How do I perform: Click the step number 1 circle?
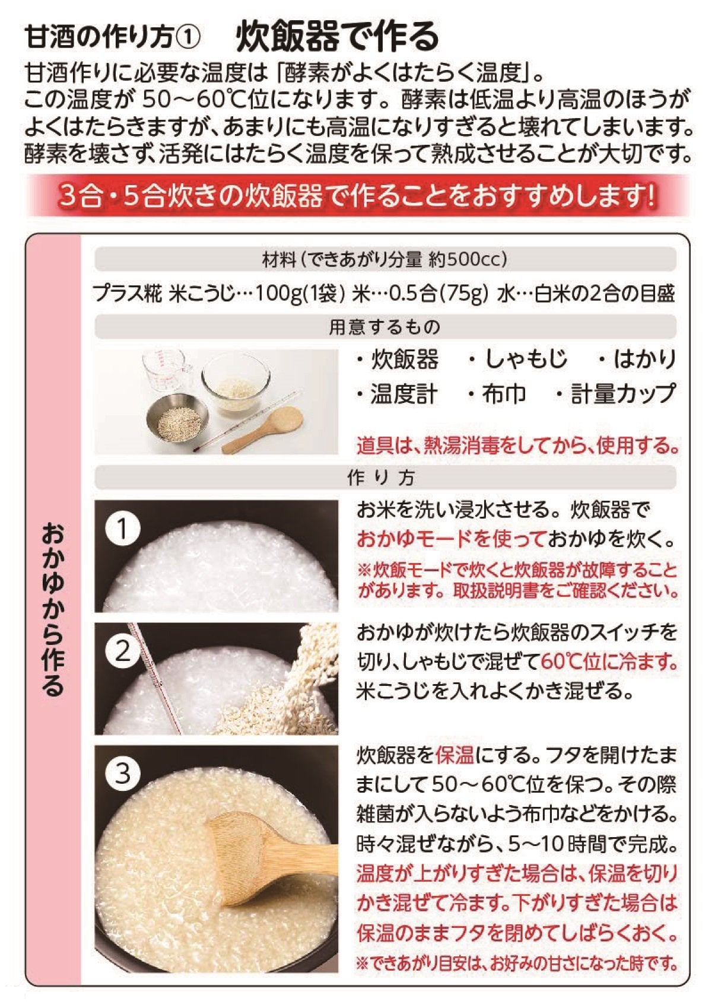(123, 528)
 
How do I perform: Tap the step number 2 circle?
(123, 651)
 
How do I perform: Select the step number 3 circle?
(123, 774)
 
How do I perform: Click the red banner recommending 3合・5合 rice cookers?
(358, 195)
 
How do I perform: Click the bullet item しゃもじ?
(519, 359)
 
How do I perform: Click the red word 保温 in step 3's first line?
(455, 756)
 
